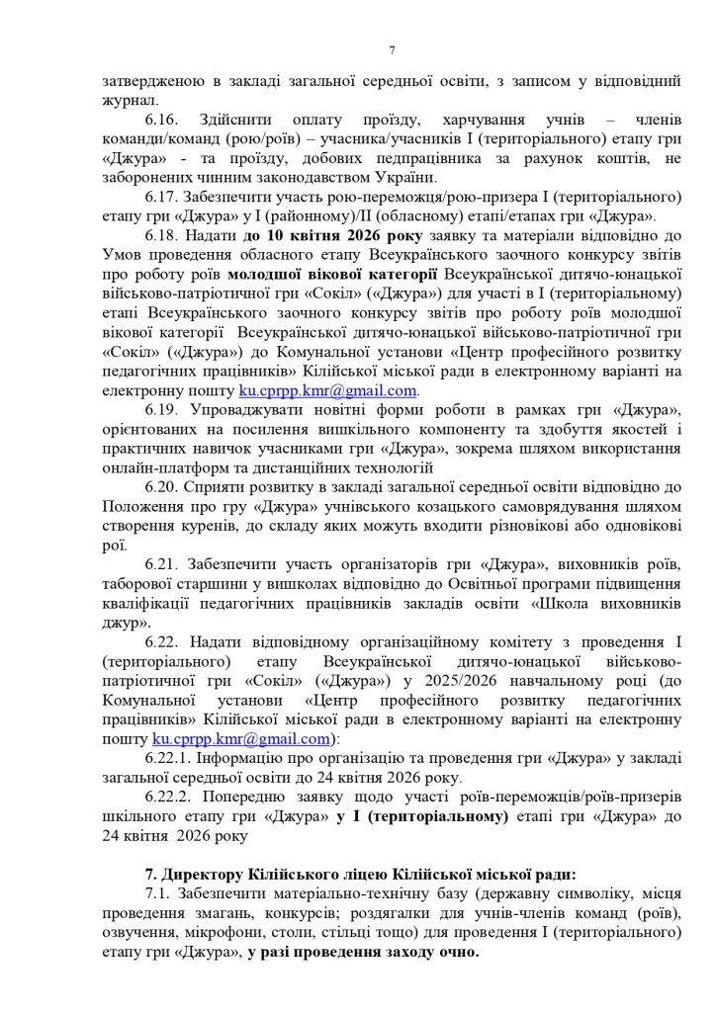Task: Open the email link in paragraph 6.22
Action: (241, 738)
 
